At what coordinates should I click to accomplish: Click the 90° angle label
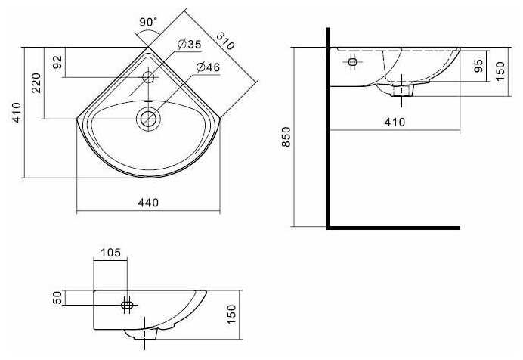point(148,22)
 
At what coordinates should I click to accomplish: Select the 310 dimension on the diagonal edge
point(225,41)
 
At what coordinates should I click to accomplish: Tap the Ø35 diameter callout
point(190,44)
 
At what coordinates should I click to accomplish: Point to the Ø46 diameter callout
point(209,67)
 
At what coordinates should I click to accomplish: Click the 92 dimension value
point(57,62)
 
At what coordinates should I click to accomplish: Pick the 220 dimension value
point(36,82)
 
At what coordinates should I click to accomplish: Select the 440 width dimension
point(148,203)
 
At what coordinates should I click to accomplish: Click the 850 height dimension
point(286,137)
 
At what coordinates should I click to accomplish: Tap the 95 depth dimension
point(478,66)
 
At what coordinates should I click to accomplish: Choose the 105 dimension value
point(110,253)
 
